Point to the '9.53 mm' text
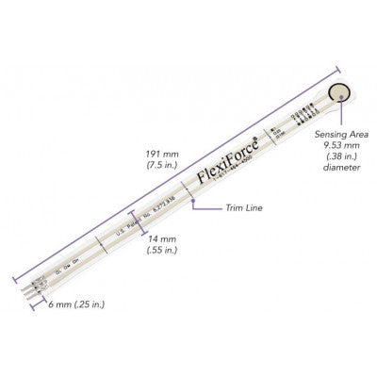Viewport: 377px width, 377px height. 346,148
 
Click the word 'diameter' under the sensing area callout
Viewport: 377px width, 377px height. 346,172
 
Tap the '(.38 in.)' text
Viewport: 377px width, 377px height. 346,159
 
